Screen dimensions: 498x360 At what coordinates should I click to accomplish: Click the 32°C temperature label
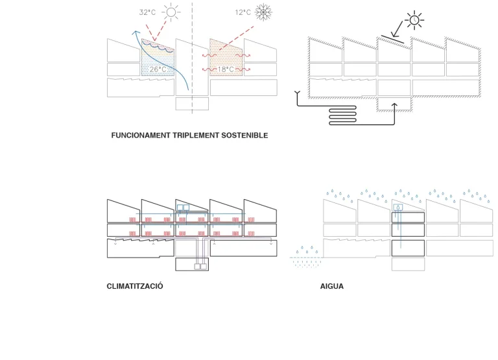point(147,12)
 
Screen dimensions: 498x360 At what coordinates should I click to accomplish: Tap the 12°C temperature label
point(243,12)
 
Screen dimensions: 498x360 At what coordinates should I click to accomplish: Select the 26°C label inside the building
point(158,69)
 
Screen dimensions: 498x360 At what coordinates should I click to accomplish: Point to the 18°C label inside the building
point(226,69)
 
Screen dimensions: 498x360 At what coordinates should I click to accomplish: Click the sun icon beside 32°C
point(171,12)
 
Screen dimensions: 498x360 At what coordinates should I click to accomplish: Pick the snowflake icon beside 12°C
point(263,12)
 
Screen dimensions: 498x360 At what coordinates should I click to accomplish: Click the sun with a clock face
point(414,20)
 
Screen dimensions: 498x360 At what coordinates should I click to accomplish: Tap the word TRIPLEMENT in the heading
point(196,136)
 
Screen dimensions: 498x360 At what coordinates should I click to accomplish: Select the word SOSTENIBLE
point(244,136)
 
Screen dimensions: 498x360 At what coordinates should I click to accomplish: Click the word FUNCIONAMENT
point(141,136)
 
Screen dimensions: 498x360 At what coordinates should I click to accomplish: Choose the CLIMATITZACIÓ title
point(135,286)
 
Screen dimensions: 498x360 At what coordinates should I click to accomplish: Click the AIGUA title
point(332,286)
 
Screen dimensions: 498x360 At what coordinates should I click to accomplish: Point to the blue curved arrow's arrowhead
point(136,32)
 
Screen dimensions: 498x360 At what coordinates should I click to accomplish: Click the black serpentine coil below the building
point(342,115)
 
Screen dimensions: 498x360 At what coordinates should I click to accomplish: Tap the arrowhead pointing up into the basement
point(394,106)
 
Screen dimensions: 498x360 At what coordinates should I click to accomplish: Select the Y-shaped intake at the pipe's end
point(297,93)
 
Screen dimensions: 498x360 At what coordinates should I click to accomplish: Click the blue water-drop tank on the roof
point(398,208)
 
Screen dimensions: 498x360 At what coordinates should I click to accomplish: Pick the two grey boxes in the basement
point(200,267)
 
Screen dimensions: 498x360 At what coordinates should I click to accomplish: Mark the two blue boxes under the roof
point(184,208)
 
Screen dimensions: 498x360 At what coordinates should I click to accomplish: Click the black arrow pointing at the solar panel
point(397,29)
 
